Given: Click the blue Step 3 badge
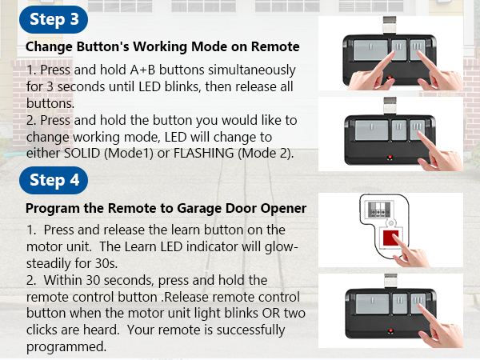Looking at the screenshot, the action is tap(54, 19).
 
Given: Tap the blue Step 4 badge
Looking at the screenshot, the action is tap(54, 180).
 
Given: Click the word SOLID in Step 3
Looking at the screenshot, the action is tap(82, 153).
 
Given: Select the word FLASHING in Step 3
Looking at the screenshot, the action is tap(203, 153).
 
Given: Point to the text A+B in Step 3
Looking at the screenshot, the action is tap(142, 70).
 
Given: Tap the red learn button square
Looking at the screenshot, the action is tap(390, 238).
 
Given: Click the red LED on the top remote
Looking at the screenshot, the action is tap(390, 78).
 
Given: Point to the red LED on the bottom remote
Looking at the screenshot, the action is tap(390, 331).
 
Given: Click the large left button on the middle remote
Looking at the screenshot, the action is tap(372, 130).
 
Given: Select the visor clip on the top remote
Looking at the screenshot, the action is tap(390, 25).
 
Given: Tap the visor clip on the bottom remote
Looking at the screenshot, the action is tap(391, 281).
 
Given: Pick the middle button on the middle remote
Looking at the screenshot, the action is tap(399, 130).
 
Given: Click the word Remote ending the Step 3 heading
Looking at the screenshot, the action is tap(275, 47).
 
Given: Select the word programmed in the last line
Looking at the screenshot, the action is tap(66, 347).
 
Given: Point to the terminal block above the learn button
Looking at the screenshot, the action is tap(379, 210).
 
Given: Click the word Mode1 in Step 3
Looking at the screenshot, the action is tap(129, 153).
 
